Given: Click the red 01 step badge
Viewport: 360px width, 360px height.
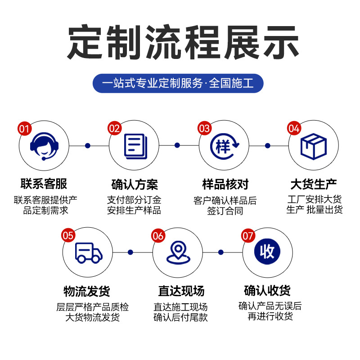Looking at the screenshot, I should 24,129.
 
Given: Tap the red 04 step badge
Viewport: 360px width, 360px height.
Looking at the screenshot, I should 294,129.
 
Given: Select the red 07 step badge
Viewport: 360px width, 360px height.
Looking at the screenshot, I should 248,235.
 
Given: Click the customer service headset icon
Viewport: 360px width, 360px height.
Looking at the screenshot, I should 44,146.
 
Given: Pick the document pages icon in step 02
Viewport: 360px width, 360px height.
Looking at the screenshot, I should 135,146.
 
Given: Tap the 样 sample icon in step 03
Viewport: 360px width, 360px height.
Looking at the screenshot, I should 224,146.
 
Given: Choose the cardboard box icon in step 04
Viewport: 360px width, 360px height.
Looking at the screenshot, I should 313,146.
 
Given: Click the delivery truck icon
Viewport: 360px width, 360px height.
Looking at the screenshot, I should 88,252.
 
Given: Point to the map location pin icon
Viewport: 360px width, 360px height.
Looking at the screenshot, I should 178,253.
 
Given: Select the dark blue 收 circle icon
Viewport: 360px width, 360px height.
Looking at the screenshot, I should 267,252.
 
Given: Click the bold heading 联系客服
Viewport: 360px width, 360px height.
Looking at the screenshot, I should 44,184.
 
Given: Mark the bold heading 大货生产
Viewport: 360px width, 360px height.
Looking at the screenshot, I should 314,184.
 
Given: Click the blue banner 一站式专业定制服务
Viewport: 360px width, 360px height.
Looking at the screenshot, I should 178,83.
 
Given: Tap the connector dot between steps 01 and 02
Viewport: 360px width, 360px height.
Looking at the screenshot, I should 88,145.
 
